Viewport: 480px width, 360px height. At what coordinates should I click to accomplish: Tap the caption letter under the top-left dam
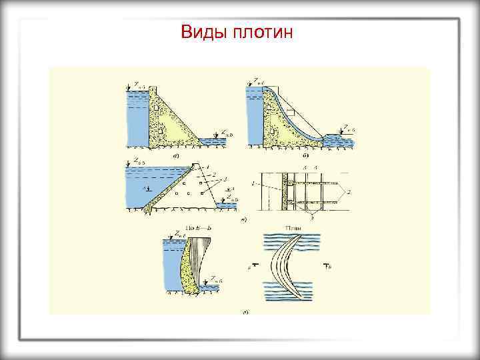(175, 155)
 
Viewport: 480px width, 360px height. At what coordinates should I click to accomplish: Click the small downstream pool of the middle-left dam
(229, 206)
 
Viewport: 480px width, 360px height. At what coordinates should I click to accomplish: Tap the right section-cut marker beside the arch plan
(327, 267)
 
